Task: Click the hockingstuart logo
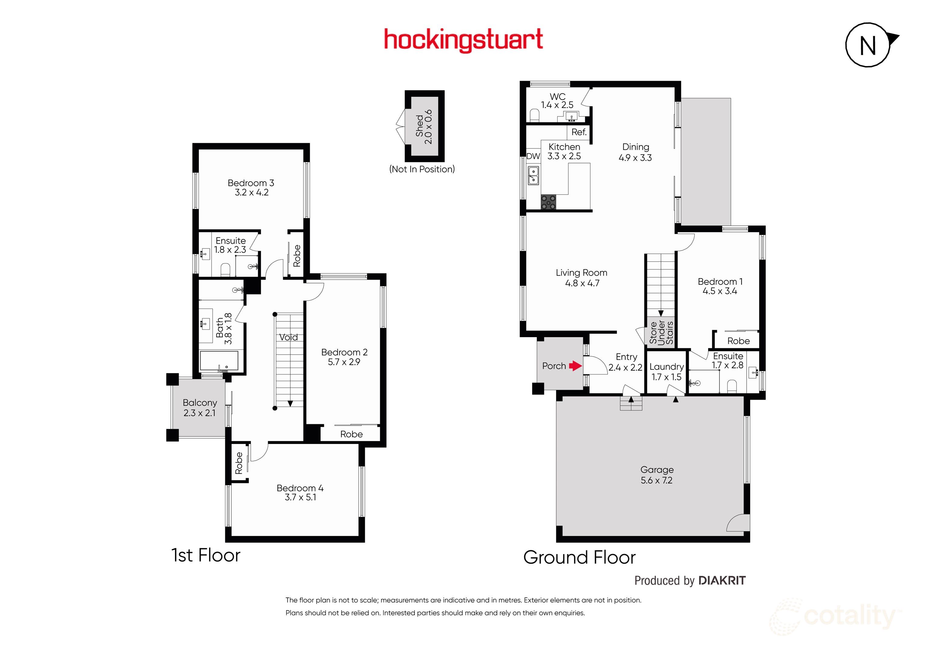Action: pos(463,40)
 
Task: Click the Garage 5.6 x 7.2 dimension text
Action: pos(656,480)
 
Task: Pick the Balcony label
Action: pos(200,403)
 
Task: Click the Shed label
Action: pos(420,126)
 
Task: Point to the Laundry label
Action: pos(666,367)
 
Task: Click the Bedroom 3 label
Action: pos(251,183)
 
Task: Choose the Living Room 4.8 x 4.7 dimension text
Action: pos(582,283)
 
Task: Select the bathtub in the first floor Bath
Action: pos(219,361)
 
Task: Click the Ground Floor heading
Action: pos(579,557)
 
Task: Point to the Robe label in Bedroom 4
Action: pos(239,463)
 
